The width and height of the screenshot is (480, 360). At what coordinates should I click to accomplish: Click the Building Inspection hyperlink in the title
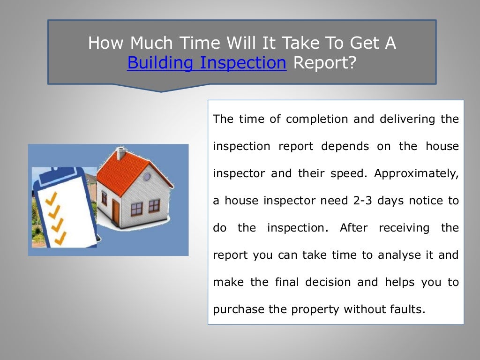point(206,62)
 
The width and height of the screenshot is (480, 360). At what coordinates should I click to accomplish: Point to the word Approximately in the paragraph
point(416,173)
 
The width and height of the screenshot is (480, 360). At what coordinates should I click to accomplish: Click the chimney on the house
point(120,153)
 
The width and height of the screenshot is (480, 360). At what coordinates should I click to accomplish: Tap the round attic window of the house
point(147,177)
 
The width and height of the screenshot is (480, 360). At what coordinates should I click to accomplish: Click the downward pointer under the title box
point(162,88)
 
